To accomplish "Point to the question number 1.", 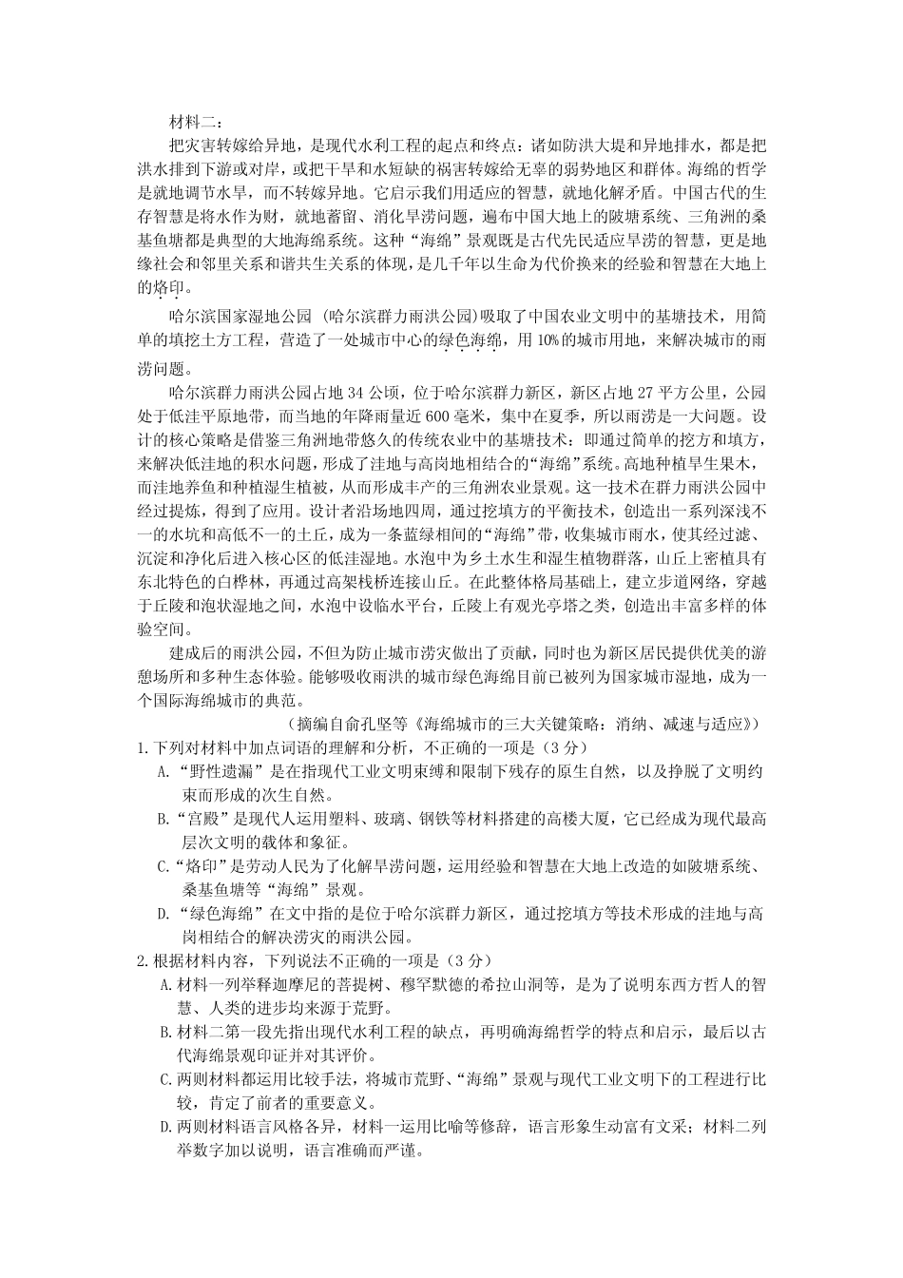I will [x=143, y=747].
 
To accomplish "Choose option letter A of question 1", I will [x=163, y=771].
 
